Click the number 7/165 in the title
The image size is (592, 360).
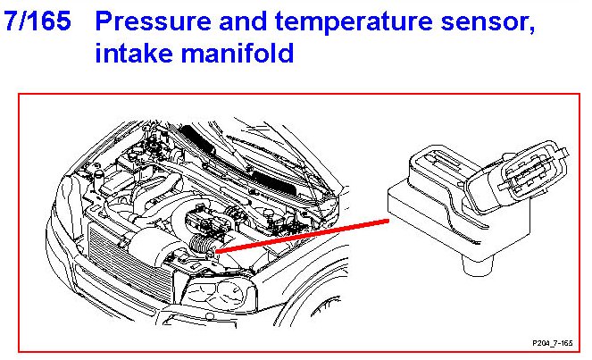pyautogui.click(x=37, y=22)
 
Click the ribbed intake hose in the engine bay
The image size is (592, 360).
pyautogui.click(x=204, y=239)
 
